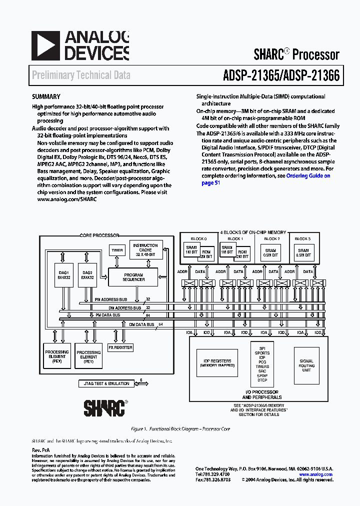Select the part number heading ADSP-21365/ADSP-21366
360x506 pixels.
[x=281, y=75]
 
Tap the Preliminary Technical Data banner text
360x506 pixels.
[x=81, y=75]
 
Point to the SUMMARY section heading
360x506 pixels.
[x=46, y=97]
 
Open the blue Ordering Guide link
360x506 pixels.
[x=308, y=176]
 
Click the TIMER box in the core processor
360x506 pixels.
[x=117, y=250]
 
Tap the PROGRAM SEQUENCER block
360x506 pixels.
[x=133, y=277]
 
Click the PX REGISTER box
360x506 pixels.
[x=120, y=347]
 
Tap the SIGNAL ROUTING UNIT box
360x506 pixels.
[x=306, y=365]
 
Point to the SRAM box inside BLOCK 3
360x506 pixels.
[x=303, y=253]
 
